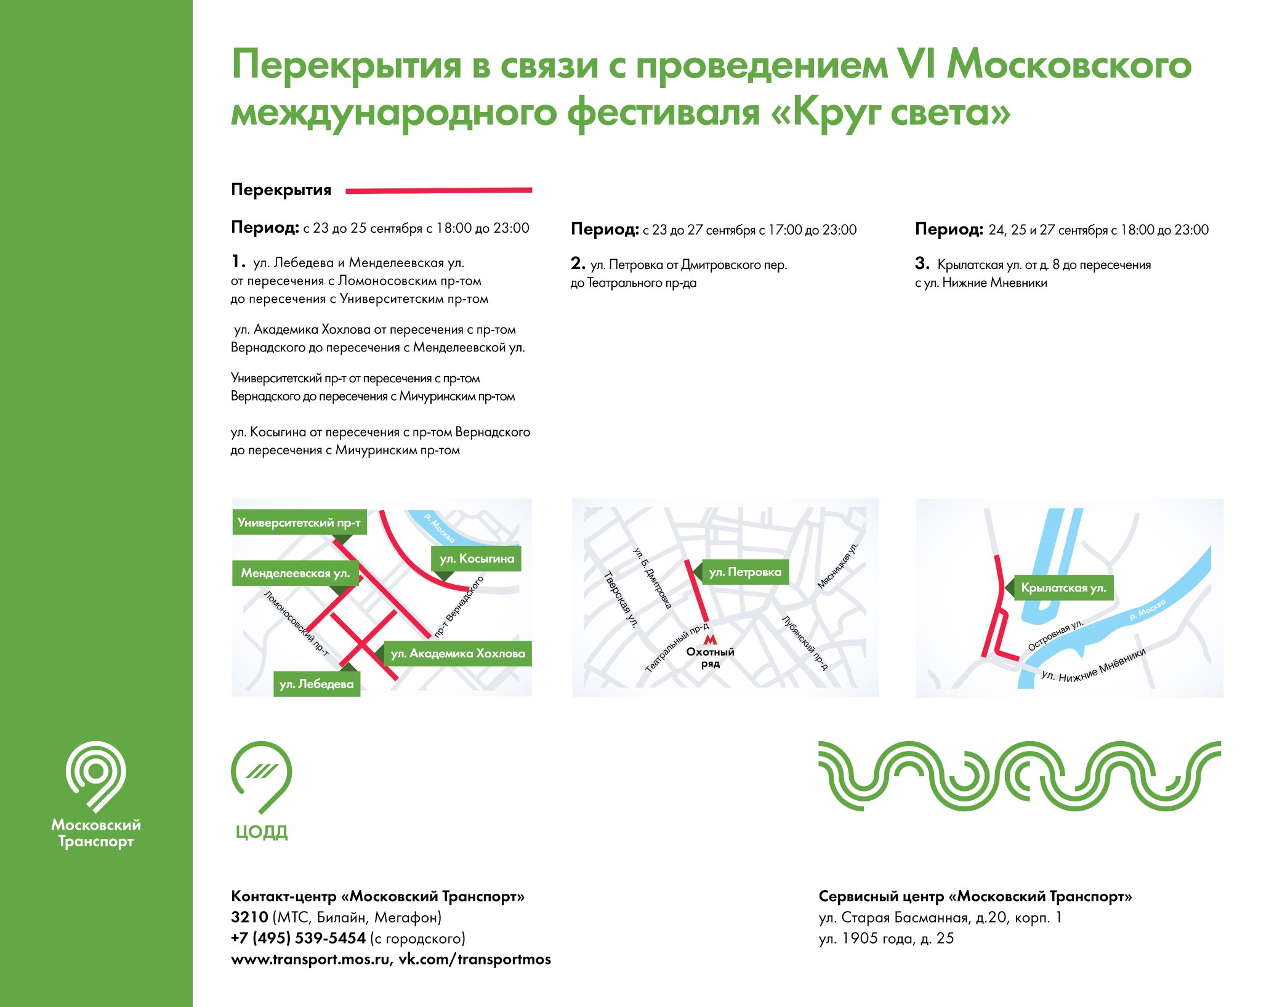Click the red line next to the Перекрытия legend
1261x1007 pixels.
click(438, 191)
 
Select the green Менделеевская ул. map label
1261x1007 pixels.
click(296, 573)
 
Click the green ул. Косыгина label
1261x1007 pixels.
click(477, 558)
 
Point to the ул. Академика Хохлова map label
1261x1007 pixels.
click(457, 653)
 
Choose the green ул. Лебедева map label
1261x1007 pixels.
click(316, 684)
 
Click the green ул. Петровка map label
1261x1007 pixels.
click(745, 572)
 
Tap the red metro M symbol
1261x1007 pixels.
click(710, 640)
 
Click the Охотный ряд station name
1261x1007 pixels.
click(710, 657)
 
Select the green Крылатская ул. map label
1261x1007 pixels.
click(1063, 587)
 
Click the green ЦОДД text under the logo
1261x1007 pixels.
click(262, 832)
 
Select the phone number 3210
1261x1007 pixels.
click(249, 917)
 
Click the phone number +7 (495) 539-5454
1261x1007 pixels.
click(298, 938)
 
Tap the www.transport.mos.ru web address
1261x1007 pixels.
click(311, 959)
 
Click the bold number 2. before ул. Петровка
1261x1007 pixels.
click(578, 263)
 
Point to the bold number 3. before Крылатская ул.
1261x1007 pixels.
click(922, 263)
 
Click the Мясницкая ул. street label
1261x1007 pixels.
click(837, 565)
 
